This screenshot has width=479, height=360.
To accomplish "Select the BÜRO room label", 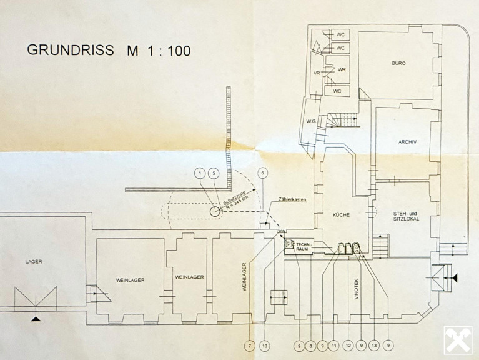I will (x=399, y=64).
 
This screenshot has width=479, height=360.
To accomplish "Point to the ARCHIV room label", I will (x=407, y=142).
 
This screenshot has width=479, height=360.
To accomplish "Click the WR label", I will (x=342, y=69).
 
